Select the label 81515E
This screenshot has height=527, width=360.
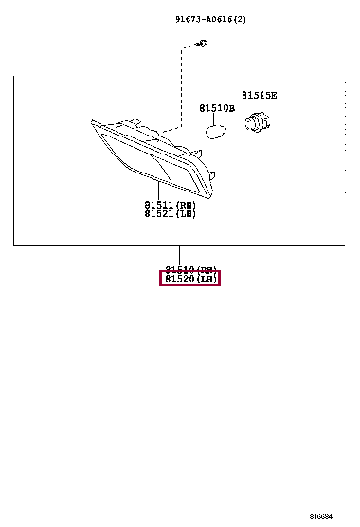point(259,95)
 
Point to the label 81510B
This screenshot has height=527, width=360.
point(216,108)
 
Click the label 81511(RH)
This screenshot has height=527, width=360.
point(170,204)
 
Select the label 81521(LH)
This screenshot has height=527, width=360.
point(170,214)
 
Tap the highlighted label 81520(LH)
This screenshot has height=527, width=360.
point(190,279)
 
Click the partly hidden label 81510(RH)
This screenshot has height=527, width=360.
point(190,269)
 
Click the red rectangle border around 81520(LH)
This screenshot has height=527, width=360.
point(159,279)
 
